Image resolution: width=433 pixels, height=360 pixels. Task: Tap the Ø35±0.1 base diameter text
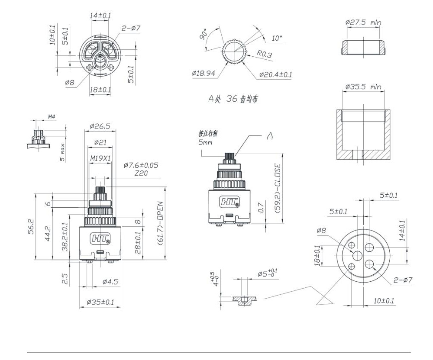tap(100, 302)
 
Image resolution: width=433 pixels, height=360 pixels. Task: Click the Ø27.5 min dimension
tap(363, 22)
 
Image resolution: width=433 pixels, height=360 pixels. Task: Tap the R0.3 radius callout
tap(265, 55)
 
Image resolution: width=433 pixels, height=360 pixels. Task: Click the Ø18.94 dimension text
tap(204, 74)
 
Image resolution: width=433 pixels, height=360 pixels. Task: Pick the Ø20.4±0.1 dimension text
tap(275, 75)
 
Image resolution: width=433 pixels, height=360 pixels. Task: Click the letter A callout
tap(269, 136)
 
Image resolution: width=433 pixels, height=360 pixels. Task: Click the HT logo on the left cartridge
tap(100, 238)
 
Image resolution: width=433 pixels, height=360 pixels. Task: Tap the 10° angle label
tap(278, 38)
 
